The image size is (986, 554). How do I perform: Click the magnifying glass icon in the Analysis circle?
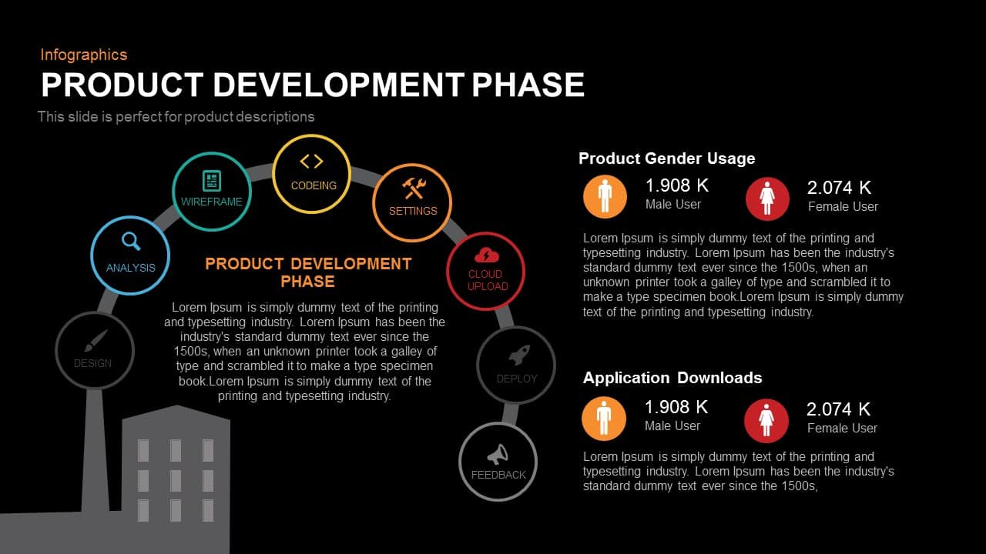(x=132, y=242)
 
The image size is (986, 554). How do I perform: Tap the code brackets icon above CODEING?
(x=311, y=161)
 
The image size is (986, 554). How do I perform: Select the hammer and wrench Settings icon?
(x=413, y=188)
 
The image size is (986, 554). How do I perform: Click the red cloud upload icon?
(x=487, y=255)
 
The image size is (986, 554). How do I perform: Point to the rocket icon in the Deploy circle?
(x=518, y=355)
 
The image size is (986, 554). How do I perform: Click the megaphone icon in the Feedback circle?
(x=498, y=454)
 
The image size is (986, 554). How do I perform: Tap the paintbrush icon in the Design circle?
(x=96, y=341)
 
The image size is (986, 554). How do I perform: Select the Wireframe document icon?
(x=212, y=181)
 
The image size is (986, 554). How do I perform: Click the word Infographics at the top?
(x=83, y=55)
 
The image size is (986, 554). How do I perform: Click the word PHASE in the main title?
(x=528, y=85)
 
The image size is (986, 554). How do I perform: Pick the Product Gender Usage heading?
(x=666, y=159)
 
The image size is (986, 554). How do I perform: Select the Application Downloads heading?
(x=672, y=378)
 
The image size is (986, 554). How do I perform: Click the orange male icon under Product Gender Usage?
(x=605, y=197)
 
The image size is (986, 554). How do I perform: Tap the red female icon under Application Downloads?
(x=766, y=421)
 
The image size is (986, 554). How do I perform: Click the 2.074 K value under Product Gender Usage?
(x=839, y=188)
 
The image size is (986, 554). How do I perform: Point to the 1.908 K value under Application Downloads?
(x=676, y=407)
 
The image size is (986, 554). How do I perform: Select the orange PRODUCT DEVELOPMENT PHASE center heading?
(x=308, y=272)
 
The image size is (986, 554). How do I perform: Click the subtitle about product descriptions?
(x=176, y=117)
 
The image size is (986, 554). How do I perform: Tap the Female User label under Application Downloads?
(x=842, y=429)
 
